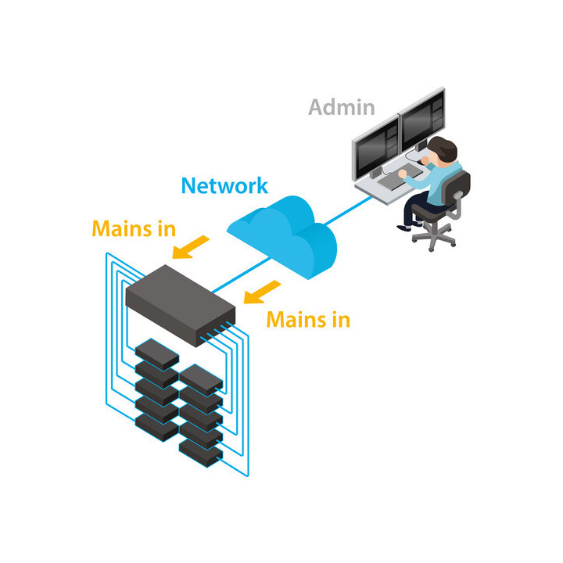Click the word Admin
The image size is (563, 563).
(x=341, y=107)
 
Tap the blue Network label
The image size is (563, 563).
(x=224, y=185)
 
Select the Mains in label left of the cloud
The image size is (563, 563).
(x=134, y=228)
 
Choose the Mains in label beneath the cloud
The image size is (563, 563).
(x=308, y=319)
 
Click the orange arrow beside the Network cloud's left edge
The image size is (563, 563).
(x=192, y=247)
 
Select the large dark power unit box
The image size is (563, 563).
(x=179, y=301)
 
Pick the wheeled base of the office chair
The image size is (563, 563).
(x=434, y=235)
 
